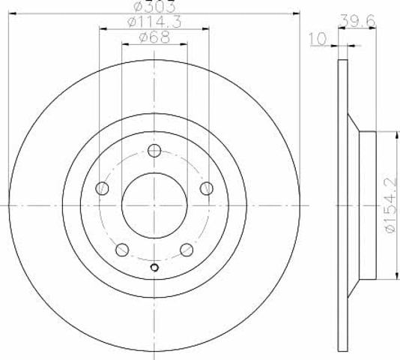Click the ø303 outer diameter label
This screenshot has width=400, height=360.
coord(154,7)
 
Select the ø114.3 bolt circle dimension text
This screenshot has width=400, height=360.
coord(154,22)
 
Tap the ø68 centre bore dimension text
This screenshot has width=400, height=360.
coord(154,37)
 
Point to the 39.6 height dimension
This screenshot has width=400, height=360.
coord(358,20)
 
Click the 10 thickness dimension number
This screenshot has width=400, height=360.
coord(318,39)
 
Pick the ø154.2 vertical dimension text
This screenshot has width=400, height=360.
coord(390,205)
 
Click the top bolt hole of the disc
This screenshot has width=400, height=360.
coord(154,150)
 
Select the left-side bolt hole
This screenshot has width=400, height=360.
coord(102,188)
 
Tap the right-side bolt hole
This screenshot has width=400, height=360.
coord(207,188)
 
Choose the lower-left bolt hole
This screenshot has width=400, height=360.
coord(122,250)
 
